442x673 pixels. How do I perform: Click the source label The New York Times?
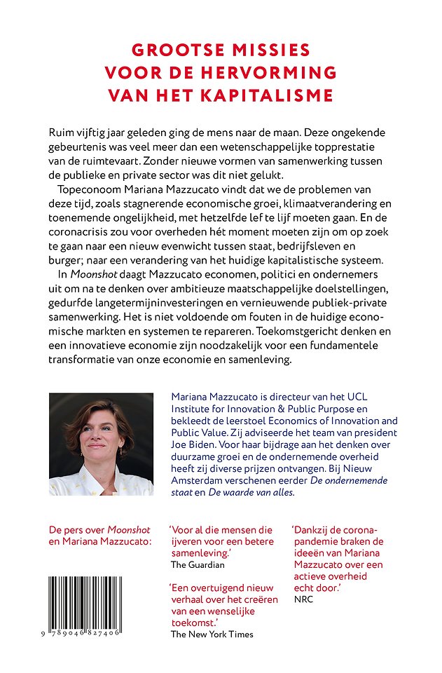click(x=212, y=634)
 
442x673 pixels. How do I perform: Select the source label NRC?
click(x=303, y=599)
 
